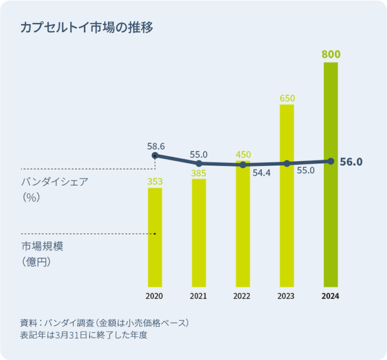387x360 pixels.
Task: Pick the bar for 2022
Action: click(x=243, y=226)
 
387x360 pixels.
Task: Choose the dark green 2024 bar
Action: click(x=331, y=174)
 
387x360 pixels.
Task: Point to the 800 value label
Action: click(x=331, y=54)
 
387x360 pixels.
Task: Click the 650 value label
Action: click(x=287, y=98)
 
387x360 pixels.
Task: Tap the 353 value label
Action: click(x=155, y=181)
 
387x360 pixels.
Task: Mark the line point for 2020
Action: click(x=155, y=155)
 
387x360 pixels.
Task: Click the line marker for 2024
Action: click(x=331, y=161)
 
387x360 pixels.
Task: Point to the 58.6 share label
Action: click(x=155, y=146)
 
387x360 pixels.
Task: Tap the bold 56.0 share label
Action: click(x=352, y=162)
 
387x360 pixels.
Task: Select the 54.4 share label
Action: click(x=262, y=173)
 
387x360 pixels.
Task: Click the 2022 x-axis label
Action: click(x=243, y=295)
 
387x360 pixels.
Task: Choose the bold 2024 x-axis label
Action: click(x=331, y=295)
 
